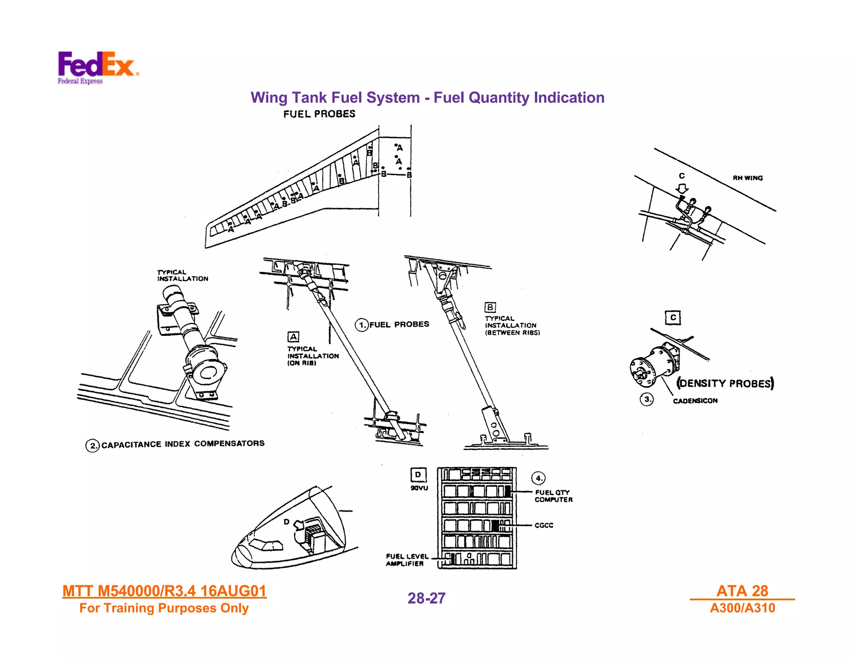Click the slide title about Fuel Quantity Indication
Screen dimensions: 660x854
coord(427,98)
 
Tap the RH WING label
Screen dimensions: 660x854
coord(747,178)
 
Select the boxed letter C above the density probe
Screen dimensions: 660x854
coord(673,318)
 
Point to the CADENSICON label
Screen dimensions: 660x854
coord(695,401)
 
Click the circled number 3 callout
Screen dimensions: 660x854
coord(646,399)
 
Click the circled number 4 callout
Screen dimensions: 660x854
coord(538,478)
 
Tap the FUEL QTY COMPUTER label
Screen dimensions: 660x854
coord(553,496)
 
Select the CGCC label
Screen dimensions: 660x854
coord(544,525)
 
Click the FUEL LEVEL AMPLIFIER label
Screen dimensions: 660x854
coord(407,560)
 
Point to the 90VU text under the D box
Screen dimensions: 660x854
coord(419,488)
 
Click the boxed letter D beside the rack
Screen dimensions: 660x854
coord(418,475)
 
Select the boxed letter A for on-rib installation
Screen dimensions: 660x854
coord(293,337)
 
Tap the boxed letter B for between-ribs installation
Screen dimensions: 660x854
coord(490,307)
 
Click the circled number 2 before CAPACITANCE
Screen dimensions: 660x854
coord(93,446)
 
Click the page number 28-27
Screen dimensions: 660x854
coord(426,598)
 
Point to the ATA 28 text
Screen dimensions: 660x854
coord(742,591)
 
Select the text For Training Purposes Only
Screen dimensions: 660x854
coord(164,608)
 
